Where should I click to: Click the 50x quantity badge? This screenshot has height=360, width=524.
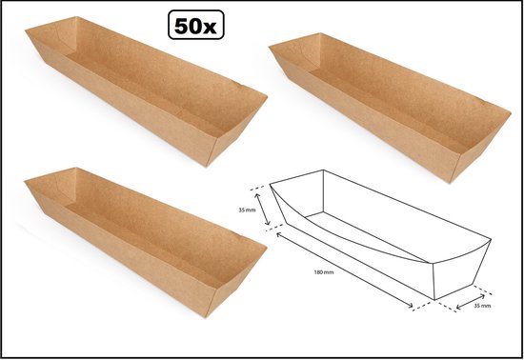[196, 25]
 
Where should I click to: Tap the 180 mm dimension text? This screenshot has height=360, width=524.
[324, 272]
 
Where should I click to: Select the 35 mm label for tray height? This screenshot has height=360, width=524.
[247, 210]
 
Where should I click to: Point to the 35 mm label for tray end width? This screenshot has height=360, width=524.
[482, 305]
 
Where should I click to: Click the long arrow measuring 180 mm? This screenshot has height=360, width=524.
[344, 270]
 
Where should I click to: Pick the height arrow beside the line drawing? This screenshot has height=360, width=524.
[262, 210]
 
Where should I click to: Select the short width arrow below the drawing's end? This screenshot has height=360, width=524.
[471, 302]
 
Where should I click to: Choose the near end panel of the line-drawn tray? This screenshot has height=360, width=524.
[461, 270]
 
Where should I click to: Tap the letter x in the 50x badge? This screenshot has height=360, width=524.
[210, 28]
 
